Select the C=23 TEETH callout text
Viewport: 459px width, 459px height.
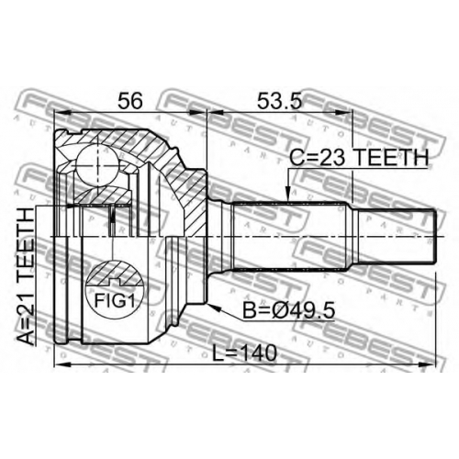359,157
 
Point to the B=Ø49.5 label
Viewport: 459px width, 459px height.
288,311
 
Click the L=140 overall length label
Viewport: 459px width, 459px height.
244,353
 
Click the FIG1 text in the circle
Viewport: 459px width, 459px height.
115,300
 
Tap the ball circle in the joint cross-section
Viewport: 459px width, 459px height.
97,165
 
